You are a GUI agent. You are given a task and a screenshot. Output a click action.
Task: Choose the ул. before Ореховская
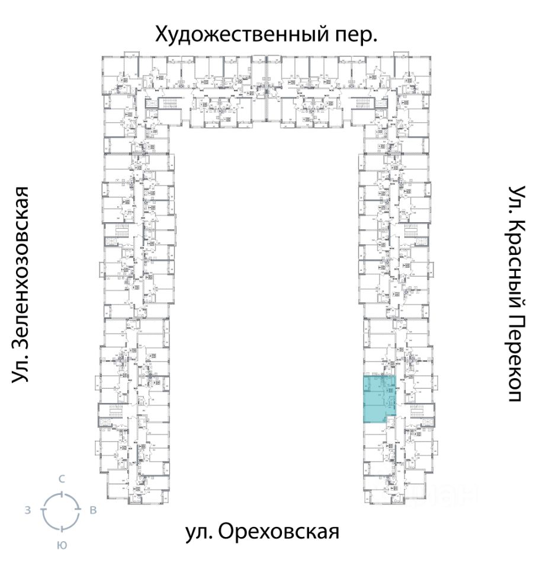click(198, 532)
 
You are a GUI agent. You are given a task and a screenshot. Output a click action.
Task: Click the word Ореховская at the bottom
click(278, 532)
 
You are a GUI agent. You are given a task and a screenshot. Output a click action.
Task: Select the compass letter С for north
click(61, 479)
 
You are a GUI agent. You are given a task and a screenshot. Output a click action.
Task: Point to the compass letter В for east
click(93, 510)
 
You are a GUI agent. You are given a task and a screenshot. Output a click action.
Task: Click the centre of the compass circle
click(61, 510)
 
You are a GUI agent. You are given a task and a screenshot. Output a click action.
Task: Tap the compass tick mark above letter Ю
click(61, 528)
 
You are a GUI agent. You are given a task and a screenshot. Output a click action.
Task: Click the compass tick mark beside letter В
click(79, 510)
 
